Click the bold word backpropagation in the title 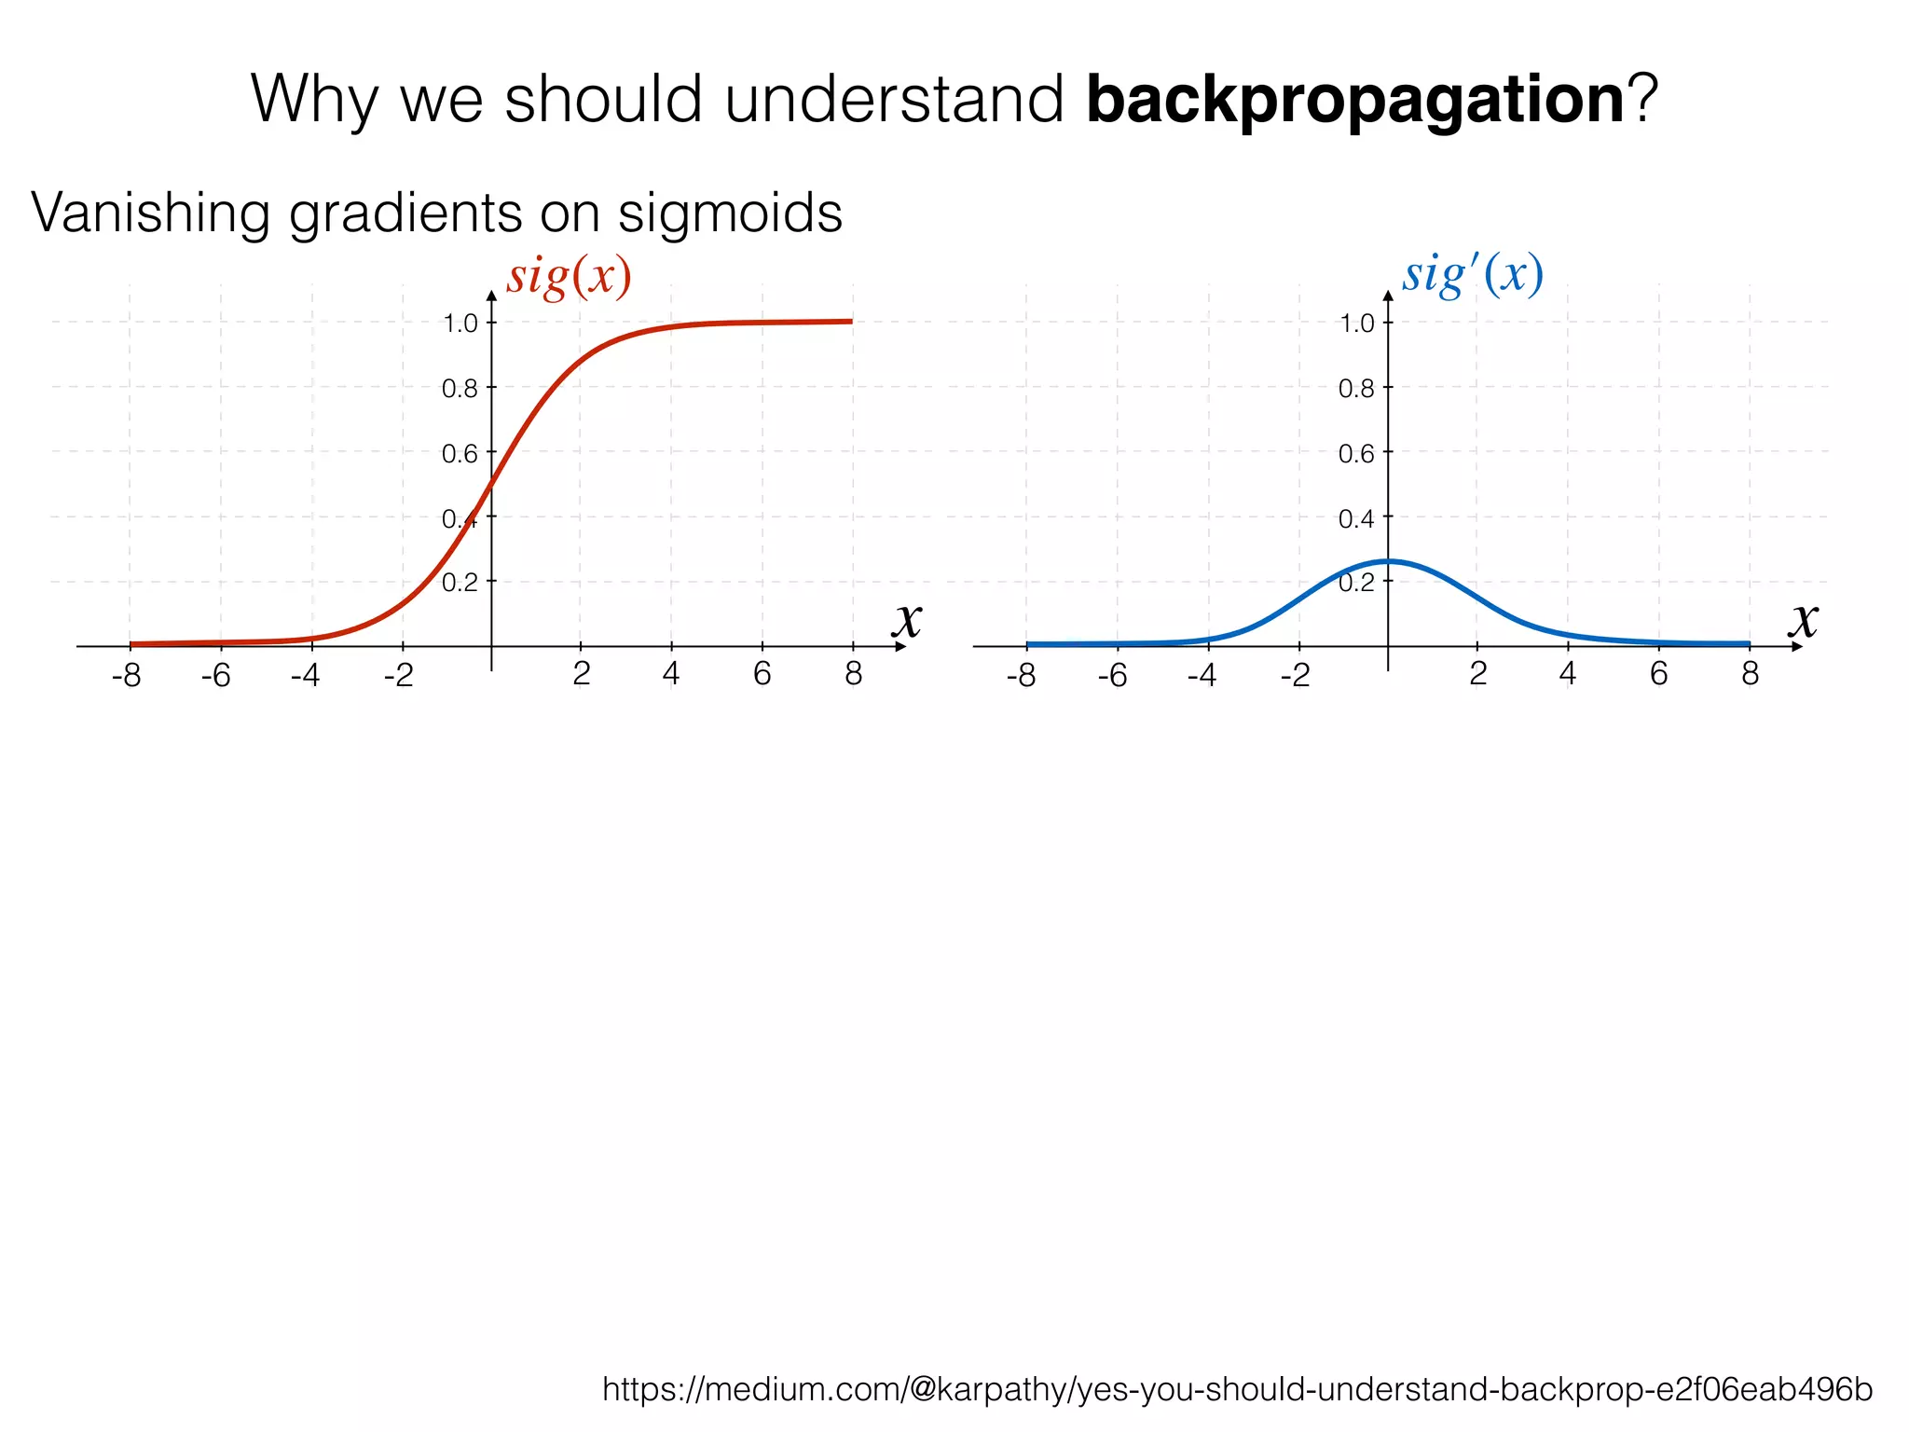click(x=1355, y=101)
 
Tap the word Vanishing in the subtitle click(x=149, y=213)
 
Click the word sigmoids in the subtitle click(x=730, y=213)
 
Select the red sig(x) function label click(x=569, y=277)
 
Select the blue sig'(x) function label click(x=1472, y=275)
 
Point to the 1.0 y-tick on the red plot click(x=460, y=324)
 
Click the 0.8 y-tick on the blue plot click(x=1356, y=389)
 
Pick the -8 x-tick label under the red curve click(x=126, y=675)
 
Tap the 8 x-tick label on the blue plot click(x=1750, y=673)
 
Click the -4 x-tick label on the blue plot click(x=1202, y=675)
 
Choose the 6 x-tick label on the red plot click(x=762, y=673)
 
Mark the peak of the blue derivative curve click(x=1388, y=561)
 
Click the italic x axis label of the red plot click(x=907, y=619)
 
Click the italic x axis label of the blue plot click(x=1804, y=619)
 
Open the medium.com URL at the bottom click(x=1237, y=1389)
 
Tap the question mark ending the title click(x=1641, y=99)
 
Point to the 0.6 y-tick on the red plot click(x=460, y=454)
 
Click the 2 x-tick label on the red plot click(x=581, y=673)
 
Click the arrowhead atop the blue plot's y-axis click(x=1388, y=296)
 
